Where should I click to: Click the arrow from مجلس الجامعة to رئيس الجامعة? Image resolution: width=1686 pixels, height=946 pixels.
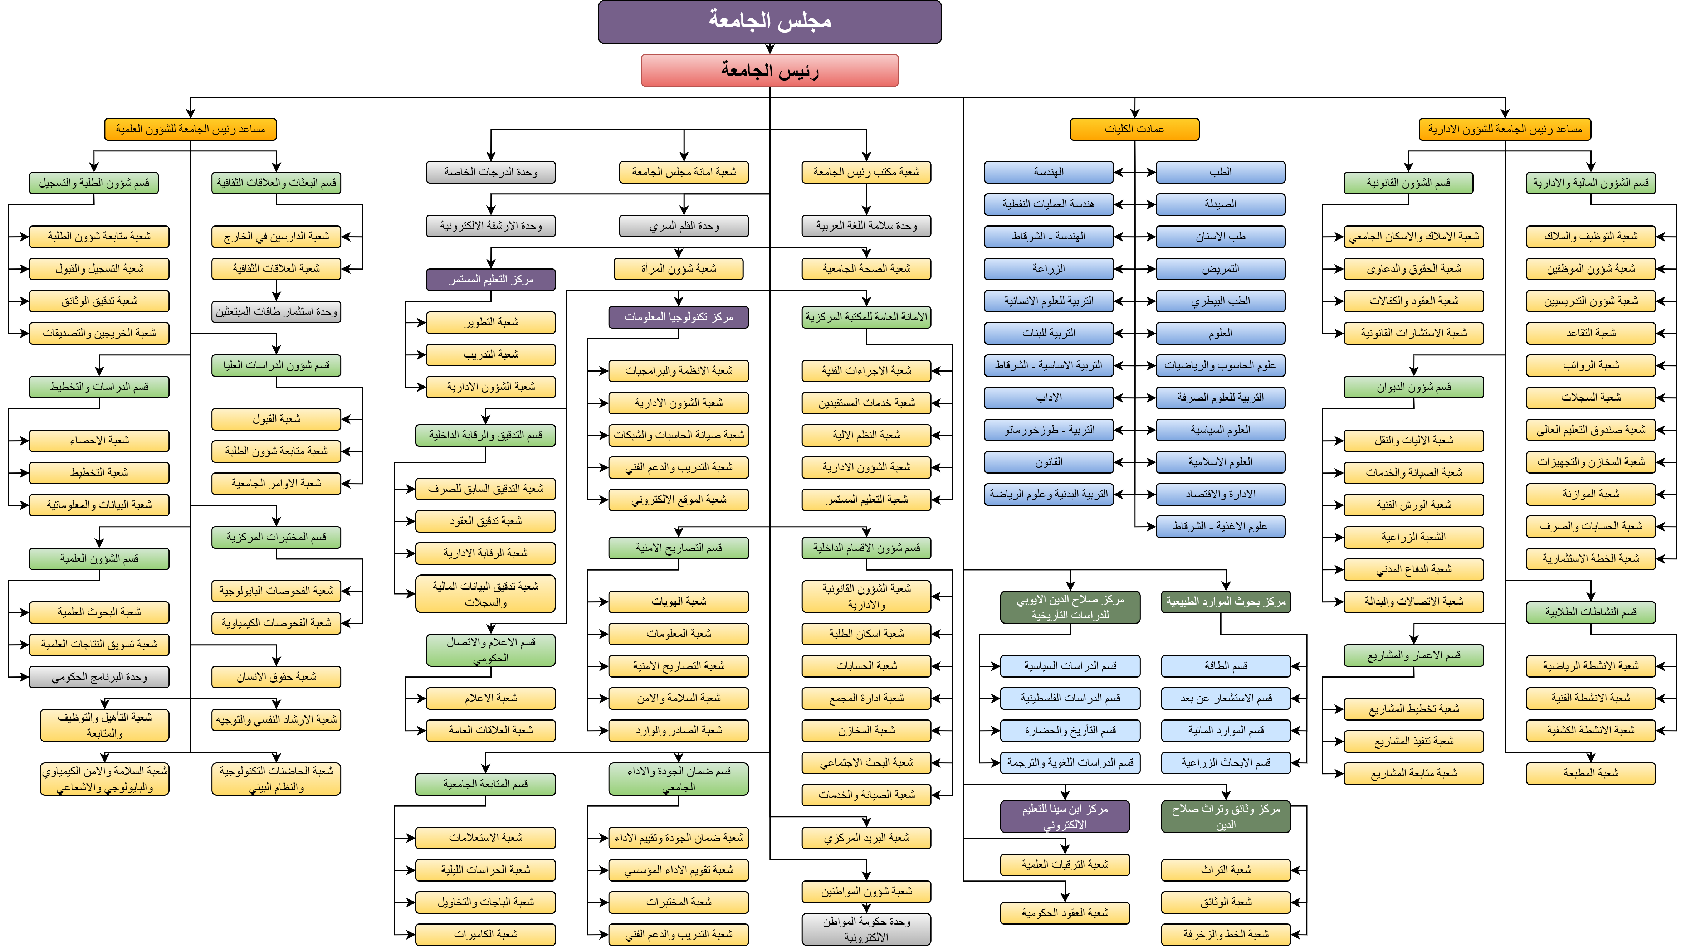[770, 48]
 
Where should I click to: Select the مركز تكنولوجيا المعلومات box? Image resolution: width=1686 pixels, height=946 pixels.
[678, 317]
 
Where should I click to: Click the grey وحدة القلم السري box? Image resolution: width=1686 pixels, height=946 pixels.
[683, 226]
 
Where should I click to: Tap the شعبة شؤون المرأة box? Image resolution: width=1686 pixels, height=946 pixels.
[678, 268]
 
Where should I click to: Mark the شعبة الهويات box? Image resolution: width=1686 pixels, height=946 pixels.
[678, 601]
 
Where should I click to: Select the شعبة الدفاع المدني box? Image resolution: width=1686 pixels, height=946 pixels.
[1413, 569]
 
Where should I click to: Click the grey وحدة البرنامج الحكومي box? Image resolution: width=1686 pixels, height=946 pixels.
[99, 676]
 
